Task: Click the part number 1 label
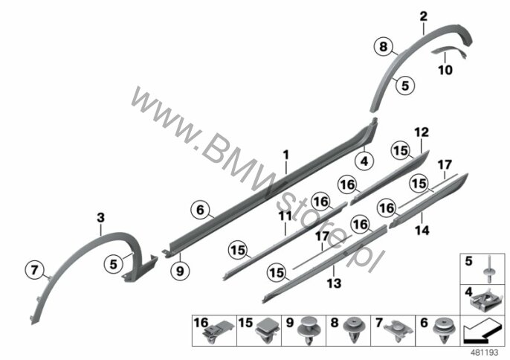pos(286,155)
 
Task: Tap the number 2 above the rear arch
pos(423,16)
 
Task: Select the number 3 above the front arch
pos(101,217)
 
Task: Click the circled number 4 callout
pos(364,161)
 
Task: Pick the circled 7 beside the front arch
pos(34,270)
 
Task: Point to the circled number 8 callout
pos(384,47)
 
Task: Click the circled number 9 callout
pos(180,271)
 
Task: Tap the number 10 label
pos(445,70)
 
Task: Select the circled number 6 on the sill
pos(200,210)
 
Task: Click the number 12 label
pos(422,132)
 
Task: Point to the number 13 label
pos(334,283)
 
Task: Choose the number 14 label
pos(422,231)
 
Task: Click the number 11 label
pos(285,216)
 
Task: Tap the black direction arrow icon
pos(477,332)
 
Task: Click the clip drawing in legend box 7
pos(398,330)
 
